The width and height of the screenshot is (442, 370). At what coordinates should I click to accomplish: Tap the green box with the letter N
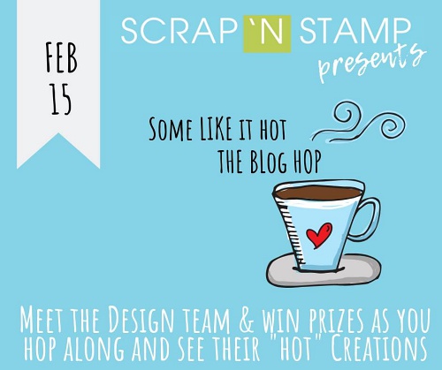tap(267, 34)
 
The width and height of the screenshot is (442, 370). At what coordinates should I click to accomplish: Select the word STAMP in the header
tap(355, 31)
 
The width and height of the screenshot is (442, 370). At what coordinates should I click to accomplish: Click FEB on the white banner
tap(61, 57)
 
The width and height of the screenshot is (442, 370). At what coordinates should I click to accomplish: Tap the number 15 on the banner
tap(61, 100)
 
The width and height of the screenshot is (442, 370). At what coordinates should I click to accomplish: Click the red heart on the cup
tap(319, 235)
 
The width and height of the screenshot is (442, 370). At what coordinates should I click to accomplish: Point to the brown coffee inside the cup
tap(318, 193)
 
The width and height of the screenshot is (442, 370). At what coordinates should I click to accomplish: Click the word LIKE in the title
tap(216, 129)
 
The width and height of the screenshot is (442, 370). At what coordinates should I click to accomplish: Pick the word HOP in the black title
tap(307, 162)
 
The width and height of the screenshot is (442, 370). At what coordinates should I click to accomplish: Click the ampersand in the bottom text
tap(247, 320)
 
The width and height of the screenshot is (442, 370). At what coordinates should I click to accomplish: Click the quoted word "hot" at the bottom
tap(294, 349)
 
